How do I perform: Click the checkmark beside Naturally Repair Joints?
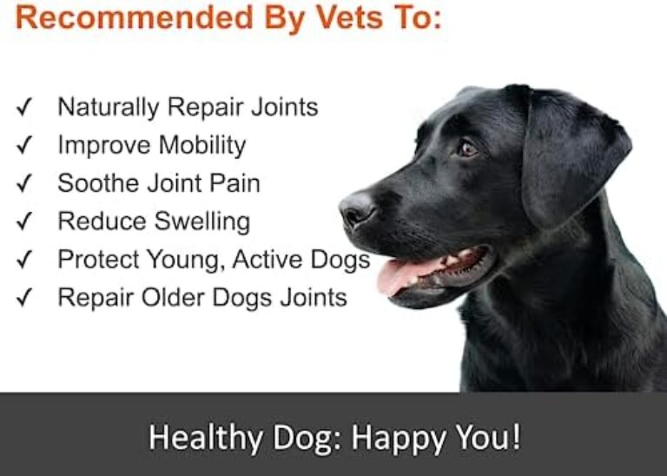click(25, 108)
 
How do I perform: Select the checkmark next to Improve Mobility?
click(25, 146)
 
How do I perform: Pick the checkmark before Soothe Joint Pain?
click(25, 184)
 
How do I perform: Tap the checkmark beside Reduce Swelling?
click(25, 221)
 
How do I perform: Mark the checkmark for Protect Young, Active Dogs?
click(25, 260)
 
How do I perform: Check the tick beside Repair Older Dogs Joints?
click(25, 298)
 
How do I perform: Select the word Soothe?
click(98, 183)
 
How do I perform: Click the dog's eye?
click(467, 149)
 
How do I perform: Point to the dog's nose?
click(356, 209)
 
